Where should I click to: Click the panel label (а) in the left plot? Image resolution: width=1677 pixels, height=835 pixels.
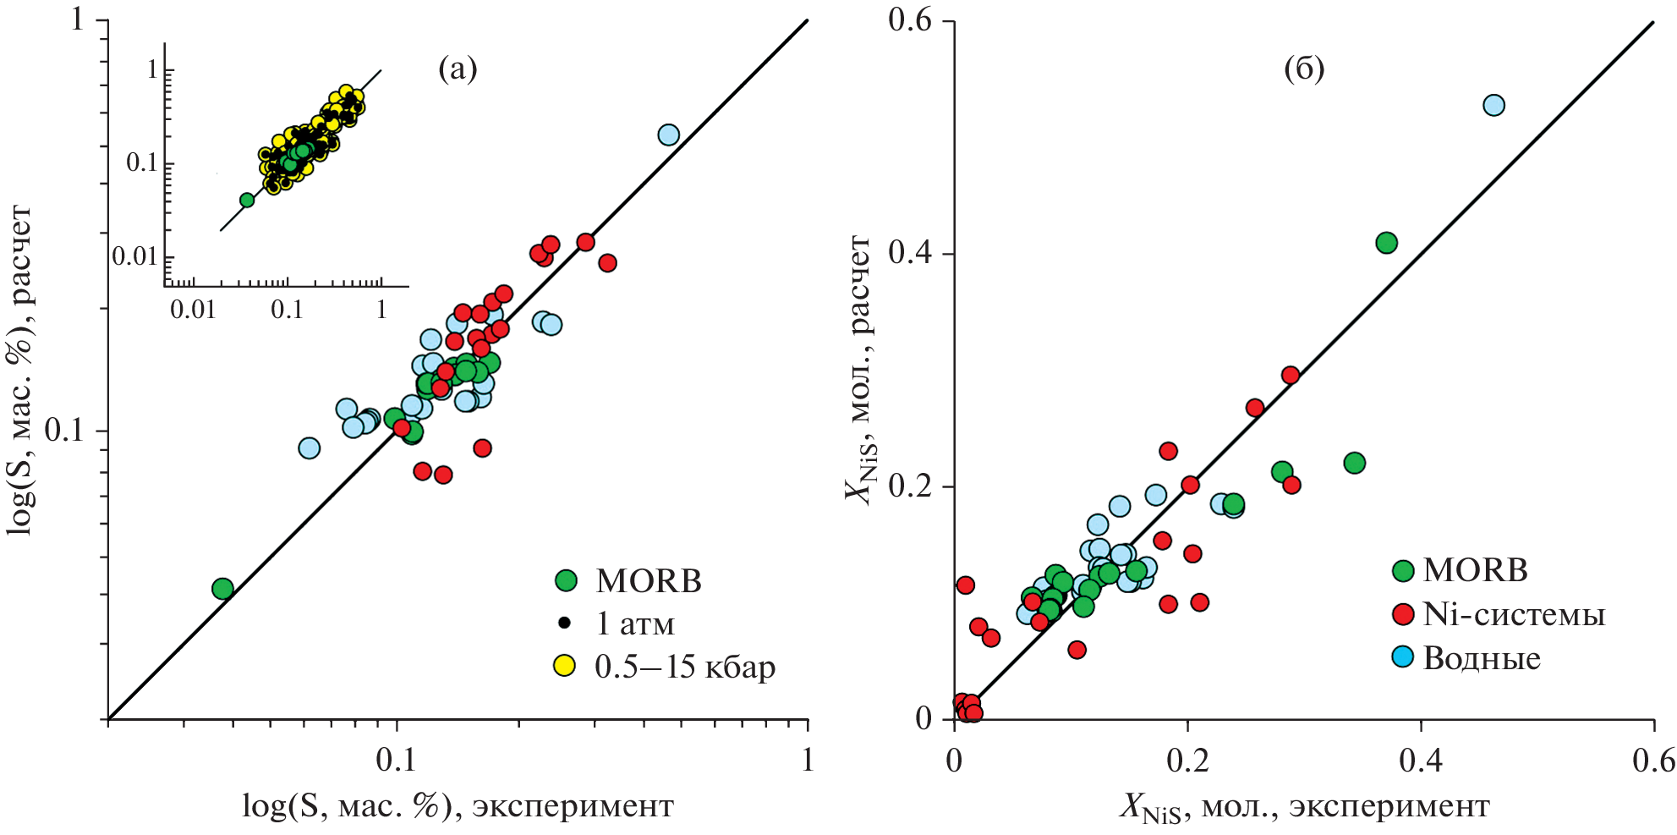point(458,69)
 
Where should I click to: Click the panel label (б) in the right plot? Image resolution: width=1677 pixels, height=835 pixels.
point(1304,69)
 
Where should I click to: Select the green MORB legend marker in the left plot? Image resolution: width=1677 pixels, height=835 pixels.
point(566,580)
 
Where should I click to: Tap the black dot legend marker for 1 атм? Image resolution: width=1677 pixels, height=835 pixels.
point(565,624)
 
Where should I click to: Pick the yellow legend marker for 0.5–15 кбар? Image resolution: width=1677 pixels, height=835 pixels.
point(564,666)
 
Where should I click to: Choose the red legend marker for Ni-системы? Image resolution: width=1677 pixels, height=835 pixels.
point(1403,614)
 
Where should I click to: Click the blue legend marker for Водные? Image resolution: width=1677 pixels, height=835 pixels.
point(1403,656)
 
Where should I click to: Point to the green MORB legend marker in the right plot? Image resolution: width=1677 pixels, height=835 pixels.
point(1403,570)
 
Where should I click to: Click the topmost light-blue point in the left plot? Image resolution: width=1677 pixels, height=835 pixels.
point(668,135)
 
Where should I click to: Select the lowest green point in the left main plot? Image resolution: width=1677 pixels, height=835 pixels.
point(222,589)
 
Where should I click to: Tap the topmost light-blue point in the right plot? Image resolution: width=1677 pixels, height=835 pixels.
point(1493,105)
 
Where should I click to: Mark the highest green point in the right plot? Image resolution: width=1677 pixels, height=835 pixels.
point(1386,243)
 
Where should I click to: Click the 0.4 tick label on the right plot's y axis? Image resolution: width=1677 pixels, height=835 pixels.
point(909,252)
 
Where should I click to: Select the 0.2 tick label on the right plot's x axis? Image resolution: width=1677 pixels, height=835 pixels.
point(1187,761)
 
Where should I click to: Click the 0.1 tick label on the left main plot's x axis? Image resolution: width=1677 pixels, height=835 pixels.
point(396,760)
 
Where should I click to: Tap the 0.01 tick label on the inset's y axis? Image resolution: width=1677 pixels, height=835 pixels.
point(135,256)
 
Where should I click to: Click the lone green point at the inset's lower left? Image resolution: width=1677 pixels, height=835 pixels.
point(247,200)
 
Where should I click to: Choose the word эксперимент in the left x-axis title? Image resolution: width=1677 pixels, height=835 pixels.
point(573,806)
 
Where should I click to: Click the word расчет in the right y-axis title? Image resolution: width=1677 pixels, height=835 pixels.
point(859,284)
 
